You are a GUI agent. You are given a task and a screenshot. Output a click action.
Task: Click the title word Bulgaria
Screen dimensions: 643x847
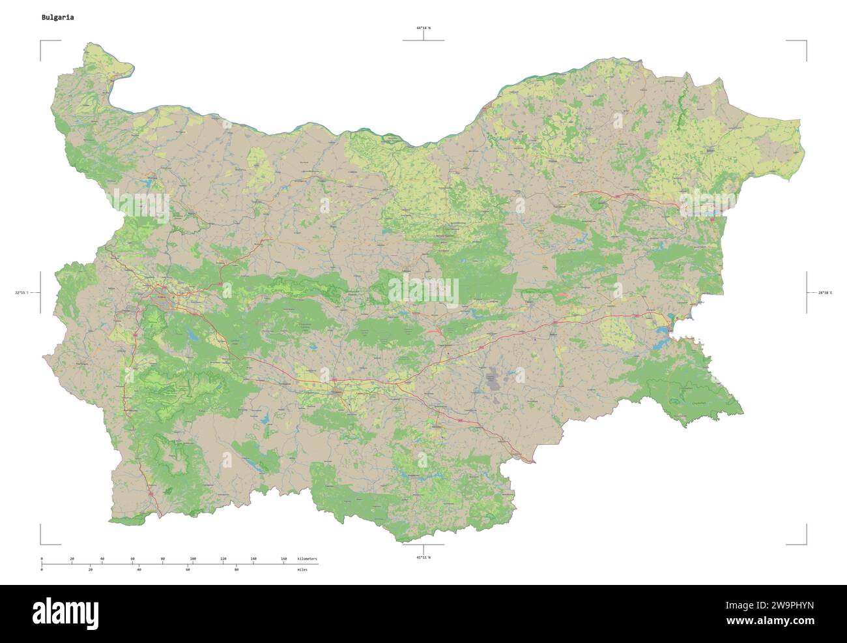[x=57, y=18]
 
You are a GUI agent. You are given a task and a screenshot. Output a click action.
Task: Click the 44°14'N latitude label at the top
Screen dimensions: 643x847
[x=423, y=28]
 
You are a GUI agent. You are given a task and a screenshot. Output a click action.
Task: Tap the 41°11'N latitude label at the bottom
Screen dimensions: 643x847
[x=423, y=558]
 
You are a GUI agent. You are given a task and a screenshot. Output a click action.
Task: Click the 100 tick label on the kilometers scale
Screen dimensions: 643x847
[x=193, y=559]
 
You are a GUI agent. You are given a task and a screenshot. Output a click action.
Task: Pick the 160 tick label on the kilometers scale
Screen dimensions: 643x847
[x=283, y=559]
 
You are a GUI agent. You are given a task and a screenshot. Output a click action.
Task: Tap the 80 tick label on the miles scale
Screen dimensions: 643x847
[x=236, y=570]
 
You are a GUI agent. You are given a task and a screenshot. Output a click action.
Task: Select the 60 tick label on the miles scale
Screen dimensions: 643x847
[x=188, y=570]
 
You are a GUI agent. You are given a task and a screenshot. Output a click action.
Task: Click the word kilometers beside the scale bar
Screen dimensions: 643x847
[x=307, y=559]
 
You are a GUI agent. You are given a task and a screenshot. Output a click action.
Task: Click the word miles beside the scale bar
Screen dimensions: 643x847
[x=302, y=570]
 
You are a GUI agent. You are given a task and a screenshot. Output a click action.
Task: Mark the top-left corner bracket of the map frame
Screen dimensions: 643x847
[x=42, y=42]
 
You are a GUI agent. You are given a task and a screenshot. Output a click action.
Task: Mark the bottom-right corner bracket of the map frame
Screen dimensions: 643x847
[x=805, y=543]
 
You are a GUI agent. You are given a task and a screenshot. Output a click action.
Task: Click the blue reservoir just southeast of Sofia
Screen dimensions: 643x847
[x=194, y=336]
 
